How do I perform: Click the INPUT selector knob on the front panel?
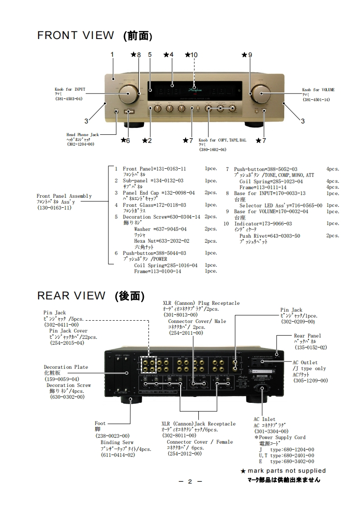coord(128,96)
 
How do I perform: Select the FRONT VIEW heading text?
coord(75,35)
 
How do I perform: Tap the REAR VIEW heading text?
coord(71,296)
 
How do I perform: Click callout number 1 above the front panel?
coord(112,54)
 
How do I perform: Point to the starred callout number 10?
coord(192,55)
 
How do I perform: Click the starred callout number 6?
coord(125,141)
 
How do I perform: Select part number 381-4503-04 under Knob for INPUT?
coord(69,99)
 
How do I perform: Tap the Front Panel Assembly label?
coord(64,196)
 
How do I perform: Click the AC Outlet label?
coord(305,363)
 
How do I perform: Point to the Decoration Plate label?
coord(66,367)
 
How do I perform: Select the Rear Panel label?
coord(307,336)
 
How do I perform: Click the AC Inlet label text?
coord(265,419)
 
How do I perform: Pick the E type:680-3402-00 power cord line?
coord(286,461)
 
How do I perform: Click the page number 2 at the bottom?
coord(190,481)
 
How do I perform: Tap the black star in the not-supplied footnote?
coord(243,471)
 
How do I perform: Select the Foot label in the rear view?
coord(100,423)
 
